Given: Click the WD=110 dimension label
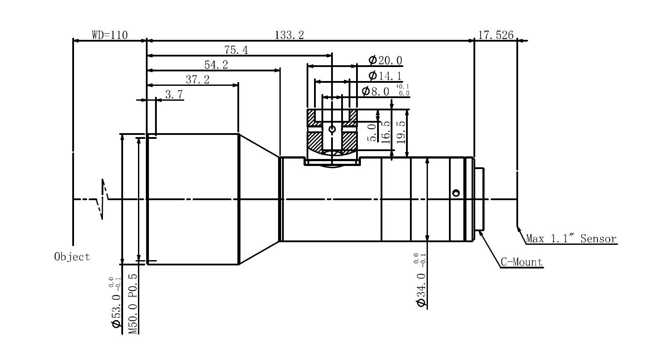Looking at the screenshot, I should point(109,35).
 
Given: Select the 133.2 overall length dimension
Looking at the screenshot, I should point(289,35).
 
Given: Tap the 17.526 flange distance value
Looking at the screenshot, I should point(495,35).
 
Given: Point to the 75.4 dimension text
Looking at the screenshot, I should point(236,50).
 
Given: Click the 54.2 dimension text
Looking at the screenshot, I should point(216,65).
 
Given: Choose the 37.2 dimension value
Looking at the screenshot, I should point(198,80).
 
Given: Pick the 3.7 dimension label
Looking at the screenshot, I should point(174,94).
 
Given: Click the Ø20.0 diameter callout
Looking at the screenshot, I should point(385,60).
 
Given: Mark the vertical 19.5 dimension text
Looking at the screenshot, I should point(400,130).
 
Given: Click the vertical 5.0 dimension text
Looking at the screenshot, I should point(371,132).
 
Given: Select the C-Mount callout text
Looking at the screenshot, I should point(522,262).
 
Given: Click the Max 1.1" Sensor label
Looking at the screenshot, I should point(571,239).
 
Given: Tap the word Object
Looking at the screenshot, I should point(72,257).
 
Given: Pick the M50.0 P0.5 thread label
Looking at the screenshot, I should point(133,304).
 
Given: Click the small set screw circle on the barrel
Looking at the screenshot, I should point(456,193).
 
